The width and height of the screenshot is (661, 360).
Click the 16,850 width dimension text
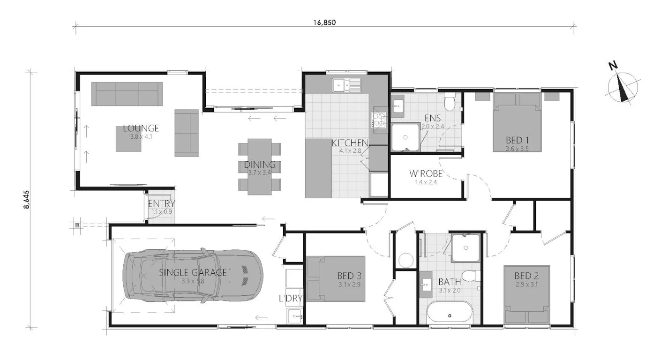[324, 22]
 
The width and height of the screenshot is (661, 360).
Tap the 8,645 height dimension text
[26, 200]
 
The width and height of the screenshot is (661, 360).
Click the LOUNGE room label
[141, 128]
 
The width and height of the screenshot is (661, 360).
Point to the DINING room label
[260, 165]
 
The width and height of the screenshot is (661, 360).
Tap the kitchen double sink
[347, 85]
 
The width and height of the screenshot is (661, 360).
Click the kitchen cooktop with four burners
[379, 120]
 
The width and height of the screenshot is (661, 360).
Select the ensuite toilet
[450, 102]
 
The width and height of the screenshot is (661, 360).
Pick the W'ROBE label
[426, 173]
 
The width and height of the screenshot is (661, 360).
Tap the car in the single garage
[192, 275]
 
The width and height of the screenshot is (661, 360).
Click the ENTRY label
[161, 203]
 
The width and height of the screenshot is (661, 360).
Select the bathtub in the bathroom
[450, 315]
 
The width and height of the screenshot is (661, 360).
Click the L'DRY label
[291, 298]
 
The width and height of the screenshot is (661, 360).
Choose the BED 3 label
[349, 276]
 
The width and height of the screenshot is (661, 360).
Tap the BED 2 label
[527, 276]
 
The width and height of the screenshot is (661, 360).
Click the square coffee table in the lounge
[128, 139]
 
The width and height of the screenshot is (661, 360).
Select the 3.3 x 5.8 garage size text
[193, 281]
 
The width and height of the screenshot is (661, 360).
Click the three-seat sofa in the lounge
[127, 94]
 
